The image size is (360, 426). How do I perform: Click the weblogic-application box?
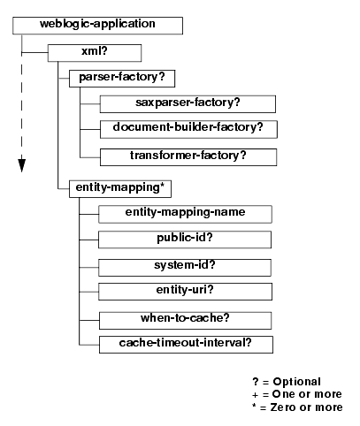97,26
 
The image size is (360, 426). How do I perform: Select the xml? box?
95,53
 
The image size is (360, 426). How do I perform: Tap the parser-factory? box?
122,79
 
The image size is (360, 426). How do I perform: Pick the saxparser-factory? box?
188,104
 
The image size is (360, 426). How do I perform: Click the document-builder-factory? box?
188,129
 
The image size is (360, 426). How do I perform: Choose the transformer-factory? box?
188,157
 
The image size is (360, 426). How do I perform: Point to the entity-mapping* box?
120,189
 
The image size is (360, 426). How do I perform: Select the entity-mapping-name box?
185,214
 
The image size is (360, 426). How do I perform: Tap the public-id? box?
185,240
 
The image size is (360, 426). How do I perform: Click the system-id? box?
185,268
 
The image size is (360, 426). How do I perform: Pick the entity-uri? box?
185,292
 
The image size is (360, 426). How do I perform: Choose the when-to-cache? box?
186,321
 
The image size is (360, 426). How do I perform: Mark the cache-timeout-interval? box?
186,345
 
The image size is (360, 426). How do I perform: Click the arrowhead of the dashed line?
22,165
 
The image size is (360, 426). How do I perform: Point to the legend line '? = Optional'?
287,382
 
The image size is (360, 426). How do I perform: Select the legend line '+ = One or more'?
297,394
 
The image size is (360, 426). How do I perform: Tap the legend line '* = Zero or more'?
297,407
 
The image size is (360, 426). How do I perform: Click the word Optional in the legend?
297,382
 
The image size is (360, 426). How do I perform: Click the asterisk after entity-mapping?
162,186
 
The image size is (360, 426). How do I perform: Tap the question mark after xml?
104,51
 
